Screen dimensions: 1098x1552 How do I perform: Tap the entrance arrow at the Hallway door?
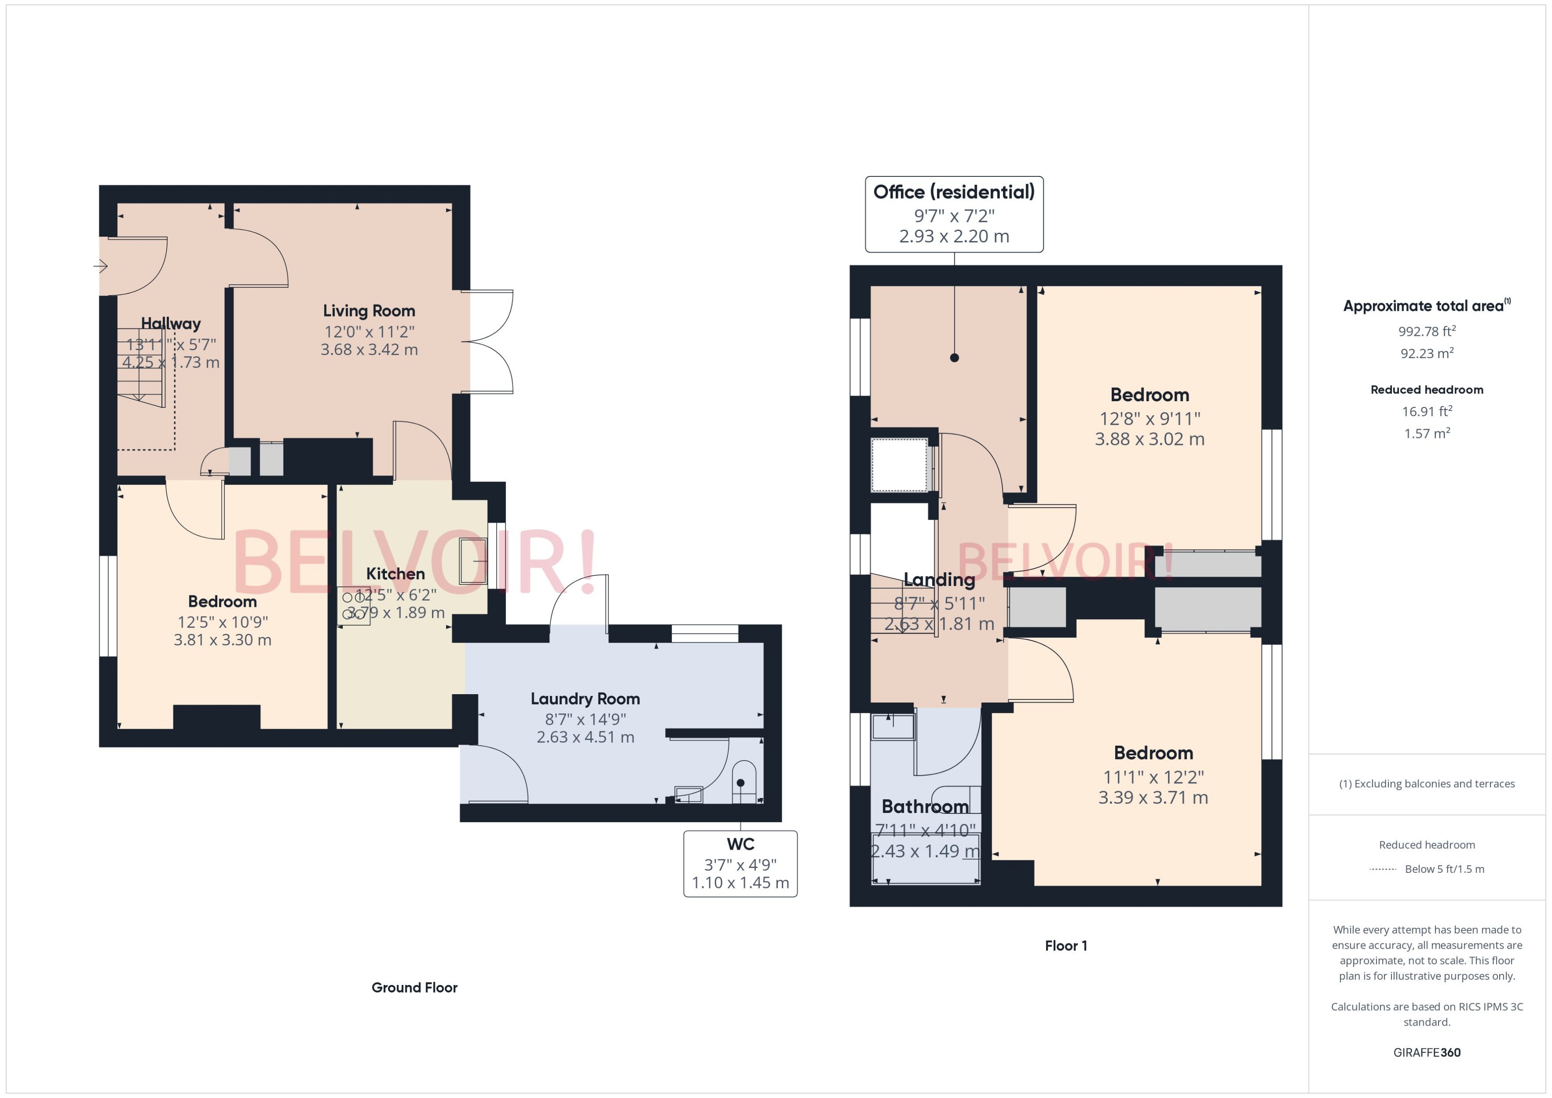tap(100, 266)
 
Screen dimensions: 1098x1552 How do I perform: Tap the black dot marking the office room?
tap(954, 358)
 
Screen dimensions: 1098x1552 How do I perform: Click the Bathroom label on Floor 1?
tap(925, 807)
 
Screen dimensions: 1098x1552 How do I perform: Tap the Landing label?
tap(939, 579)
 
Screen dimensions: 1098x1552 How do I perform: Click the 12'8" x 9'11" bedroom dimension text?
tap(1150, 418)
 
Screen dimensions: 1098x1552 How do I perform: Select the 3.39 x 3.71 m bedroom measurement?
tap(1152, 798)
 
